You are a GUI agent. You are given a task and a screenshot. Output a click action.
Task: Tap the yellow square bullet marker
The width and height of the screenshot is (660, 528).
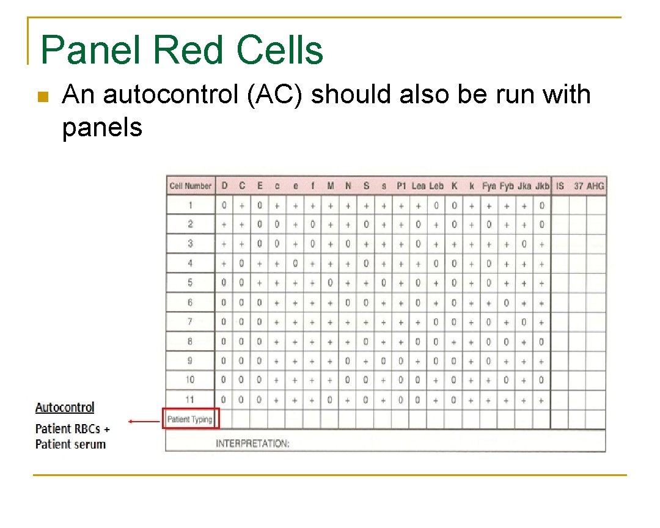42,97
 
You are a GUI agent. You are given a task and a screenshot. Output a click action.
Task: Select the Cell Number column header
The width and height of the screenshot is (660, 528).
190,186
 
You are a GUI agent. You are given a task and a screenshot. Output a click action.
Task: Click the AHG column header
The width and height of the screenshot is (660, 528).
595,186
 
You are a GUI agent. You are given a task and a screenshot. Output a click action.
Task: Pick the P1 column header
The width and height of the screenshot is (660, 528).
401,186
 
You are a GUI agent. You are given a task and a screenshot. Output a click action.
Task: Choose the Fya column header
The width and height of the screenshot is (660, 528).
489,186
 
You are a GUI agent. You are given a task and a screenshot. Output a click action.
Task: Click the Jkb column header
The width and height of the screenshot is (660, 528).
542,186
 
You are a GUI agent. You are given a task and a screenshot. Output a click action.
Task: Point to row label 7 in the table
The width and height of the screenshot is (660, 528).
190,322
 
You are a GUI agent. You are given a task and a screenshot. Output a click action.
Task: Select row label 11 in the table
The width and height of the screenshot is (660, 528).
190,400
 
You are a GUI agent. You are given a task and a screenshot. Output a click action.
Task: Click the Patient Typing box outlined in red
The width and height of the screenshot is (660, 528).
190,419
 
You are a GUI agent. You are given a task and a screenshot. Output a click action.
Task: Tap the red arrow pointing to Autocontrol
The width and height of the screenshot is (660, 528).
144,420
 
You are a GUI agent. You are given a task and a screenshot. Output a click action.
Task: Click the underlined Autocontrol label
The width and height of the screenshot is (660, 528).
65,408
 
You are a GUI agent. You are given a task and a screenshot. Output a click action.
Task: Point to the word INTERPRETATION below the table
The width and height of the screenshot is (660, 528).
252,444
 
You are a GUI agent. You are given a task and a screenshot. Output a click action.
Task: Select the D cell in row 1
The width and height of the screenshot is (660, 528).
224,206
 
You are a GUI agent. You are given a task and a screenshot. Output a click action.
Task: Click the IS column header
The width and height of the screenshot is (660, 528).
560,186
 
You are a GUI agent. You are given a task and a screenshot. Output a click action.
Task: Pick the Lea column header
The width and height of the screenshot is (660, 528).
419,186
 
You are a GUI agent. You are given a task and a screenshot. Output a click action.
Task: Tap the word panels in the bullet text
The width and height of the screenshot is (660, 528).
102,128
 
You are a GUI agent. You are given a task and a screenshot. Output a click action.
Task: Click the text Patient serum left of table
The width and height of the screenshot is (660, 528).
70,444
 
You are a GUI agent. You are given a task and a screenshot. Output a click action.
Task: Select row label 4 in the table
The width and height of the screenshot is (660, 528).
190,263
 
